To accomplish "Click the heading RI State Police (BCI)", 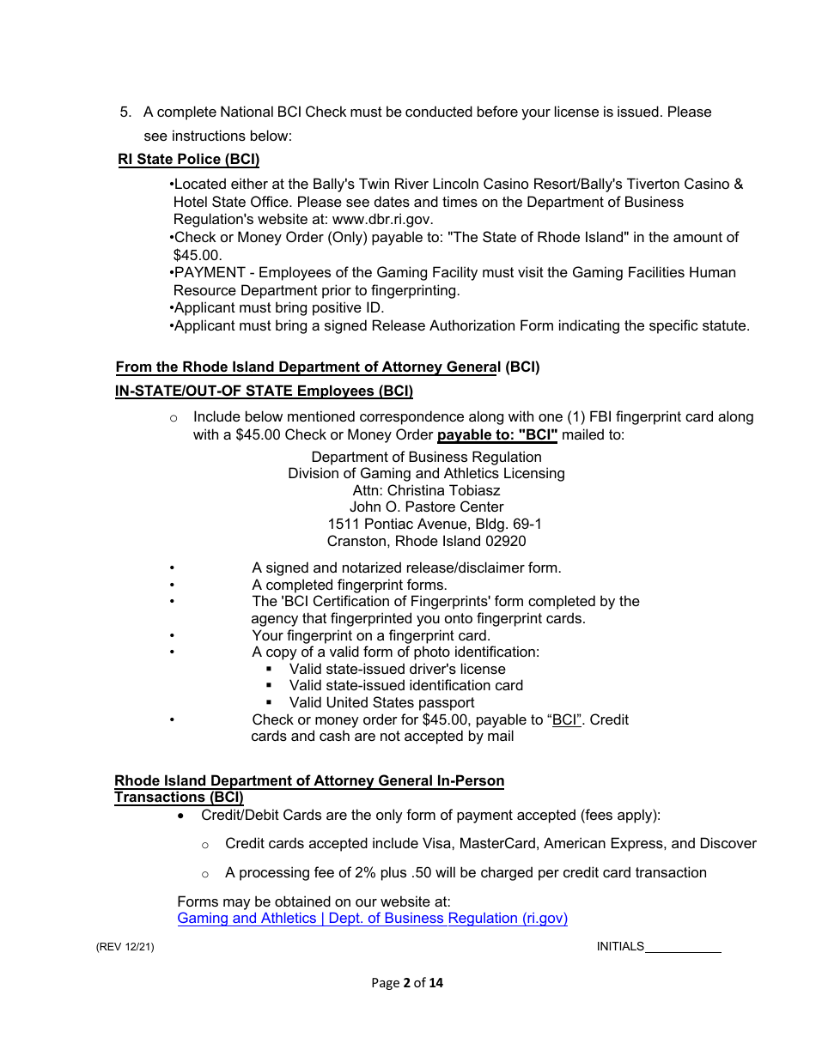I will (x=188, y=160).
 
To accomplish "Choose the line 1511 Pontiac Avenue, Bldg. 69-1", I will (x=435, y=525).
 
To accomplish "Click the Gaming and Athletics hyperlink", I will (x=372, y=919).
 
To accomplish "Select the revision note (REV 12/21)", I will (x=125, y=947).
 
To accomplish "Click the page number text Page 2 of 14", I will (x=407, y=983).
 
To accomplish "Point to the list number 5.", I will (x=125, y=112).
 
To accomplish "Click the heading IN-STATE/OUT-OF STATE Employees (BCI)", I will (x=264, y=391).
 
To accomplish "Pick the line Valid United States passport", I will (x=381, y=702).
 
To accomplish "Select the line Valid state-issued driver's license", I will (x=397, y=669).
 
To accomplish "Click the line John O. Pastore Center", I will (x=426, y=507).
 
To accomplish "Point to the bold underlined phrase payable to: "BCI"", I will (x=497, y=435).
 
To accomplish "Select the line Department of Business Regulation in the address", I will (x=426, y=458).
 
